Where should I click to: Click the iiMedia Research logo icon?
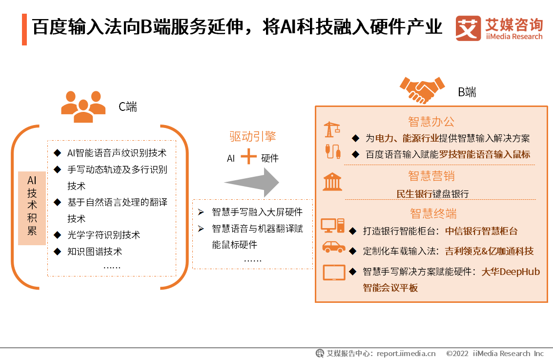468,29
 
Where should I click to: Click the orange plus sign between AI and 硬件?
248,157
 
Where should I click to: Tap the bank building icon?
332,182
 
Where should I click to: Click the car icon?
333,247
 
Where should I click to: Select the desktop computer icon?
332,226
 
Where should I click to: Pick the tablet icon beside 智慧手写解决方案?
334,272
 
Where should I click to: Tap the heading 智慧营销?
431,175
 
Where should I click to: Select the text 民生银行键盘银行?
432,194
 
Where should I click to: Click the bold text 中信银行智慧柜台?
481,231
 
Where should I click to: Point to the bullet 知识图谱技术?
94,252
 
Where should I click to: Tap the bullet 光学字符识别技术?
103,235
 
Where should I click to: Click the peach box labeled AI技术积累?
32,208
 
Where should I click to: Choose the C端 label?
128,106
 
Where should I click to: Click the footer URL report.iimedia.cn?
406,353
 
